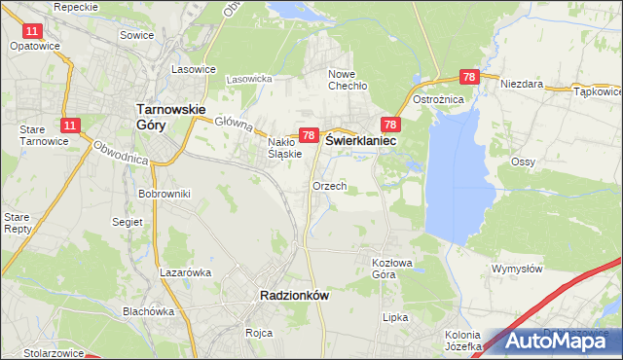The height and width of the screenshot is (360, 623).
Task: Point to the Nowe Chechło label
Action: (x=347, y=80)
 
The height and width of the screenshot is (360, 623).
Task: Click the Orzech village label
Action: (x=329, y=186)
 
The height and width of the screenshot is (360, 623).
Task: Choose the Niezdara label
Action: (x=522, y=85)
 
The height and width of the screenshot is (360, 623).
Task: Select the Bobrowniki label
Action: (x=164, y=195)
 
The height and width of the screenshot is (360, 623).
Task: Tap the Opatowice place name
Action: (x=36, y=46)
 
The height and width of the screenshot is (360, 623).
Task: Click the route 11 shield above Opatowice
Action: (x=33, y=31)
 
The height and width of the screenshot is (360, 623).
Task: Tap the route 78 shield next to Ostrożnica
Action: (x=469, y=78)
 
